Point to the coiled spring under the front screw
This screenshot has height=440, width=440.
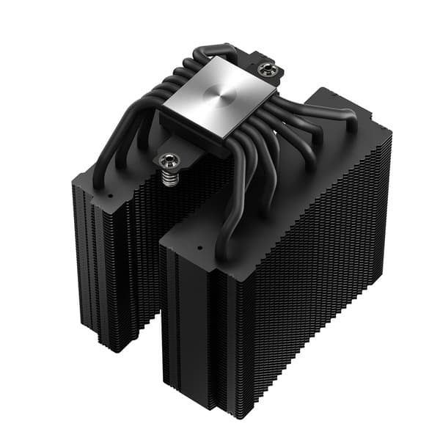click(x=171, y=177)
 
